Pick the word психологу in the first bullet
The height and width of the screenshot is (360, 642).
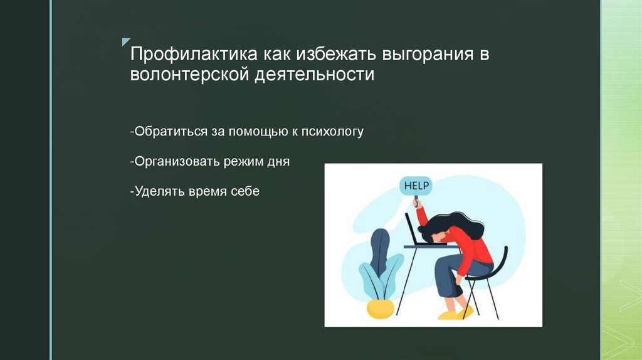tap(332, 132)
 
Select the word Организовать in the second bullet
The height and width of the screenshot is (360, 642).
tap(173, 161)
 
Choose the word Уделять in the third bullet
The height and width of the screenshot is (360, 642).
tap(156, 191)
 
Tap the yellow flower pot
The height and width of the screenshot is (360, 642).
tap(381, 308)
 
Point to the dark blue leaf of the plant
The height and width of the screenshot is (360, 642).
tap(379, 248)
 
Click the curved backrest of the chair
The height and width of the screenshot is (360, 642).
tap(502, 257)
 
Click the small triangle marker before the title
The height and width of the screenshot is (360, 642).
tap(125, 41)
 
